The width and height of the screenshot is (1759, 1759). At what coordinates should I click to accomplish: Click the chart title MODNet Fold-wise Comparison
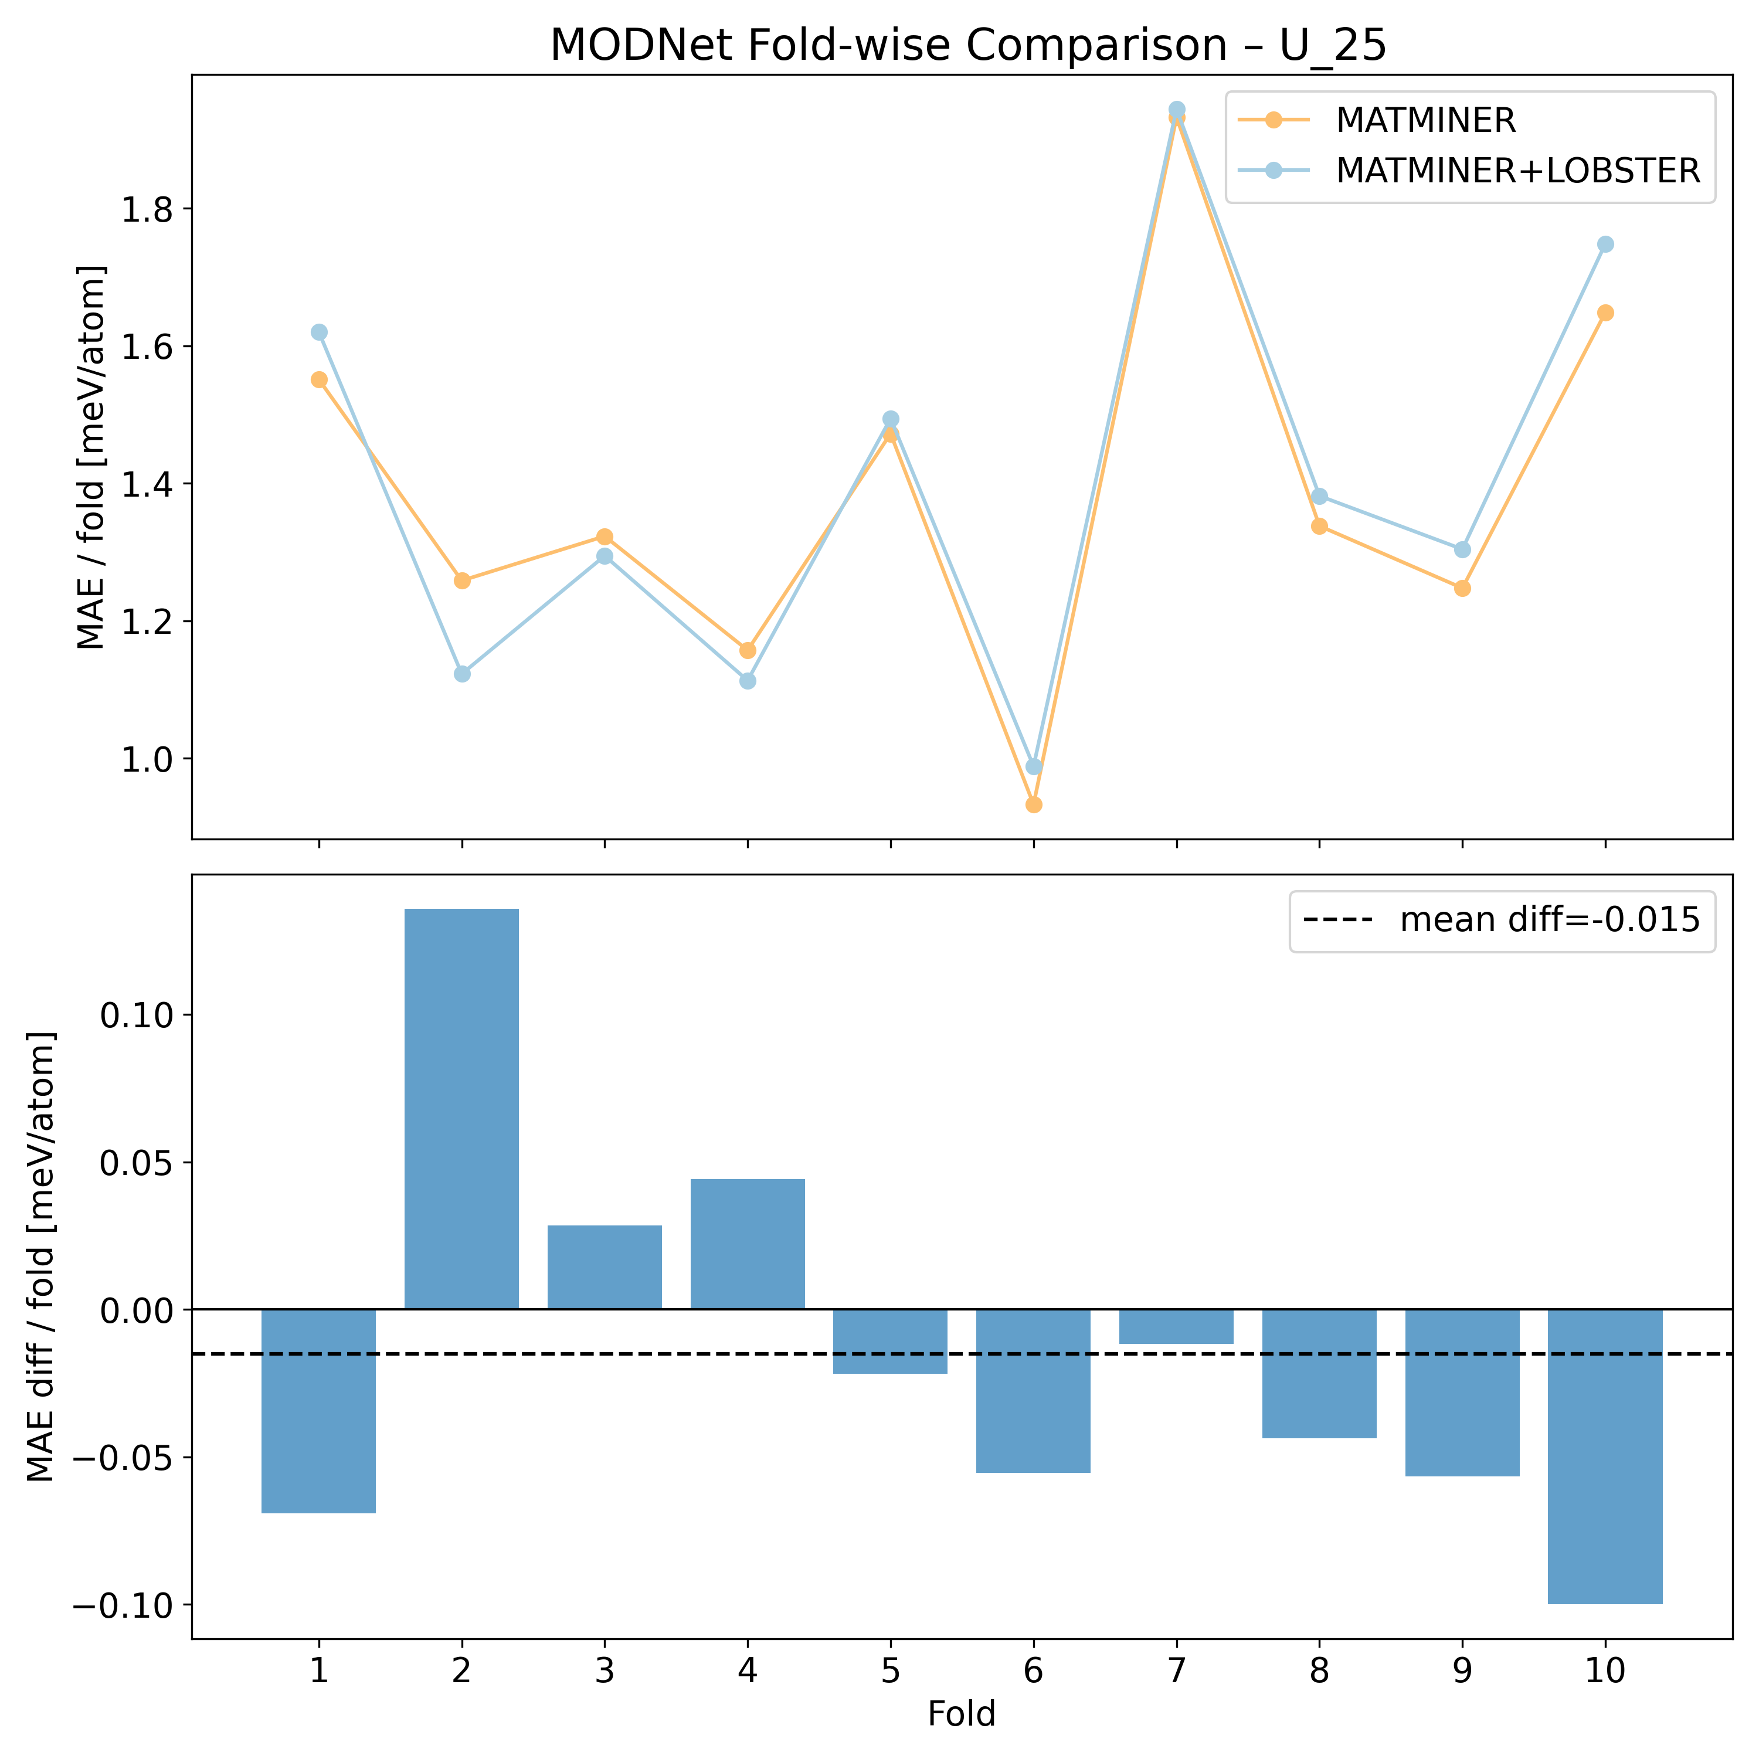tap(968, 46)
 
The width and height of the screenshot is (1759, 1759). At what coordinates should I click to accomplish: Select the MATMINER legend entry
tap(1425, 120)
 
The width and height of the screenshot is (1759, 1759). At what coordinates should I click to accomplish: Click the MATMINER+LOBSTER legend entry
tap(1518, 170)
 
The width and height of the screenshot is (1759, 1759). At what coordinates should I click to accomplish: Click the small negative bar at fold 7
tap(1176, 1326)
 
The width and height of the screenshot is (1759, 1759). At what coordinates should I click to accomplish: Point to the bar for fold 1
tap(318, 1411)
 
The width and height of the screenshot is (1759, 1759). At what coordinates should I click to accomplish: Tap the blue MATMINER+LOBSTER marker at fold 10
tap(1605, 244)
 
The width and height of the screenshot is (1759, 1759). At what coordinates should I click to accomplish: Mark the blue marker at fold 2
tap(461, 674)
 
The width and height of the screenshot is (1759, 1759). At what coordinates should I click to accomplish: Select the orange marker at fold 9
tap(1462, 588)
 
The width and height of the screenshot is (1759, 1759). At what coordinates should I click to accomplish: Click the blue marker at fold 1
tap(318, 332)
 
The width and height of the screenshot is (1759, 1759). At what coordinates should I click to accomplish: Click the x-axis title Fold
tap(962, 1714)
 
